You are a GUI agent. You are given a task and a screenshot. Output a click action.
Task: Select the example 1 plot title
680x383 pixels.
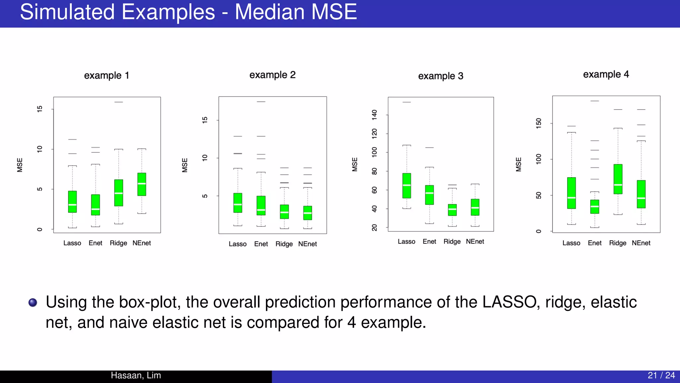106,75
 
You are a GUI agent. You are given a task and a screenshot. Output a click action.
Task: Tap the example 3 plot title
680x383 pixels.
440,76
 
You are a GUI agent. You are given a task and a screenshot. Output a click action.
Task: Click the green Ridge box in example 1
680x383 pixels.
119,193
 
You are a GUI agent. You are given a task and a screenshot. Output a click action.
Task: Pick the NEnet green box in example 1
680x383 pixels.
142,184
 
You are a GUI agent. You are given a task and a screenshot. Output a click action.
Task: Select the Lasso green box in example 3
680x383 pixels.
406,186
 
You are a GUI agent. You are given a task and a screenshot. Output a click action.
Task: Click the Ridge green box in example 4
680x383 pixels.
618,179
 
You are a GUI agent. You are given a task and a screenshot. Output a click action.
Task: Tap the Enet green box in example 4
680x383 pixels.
595,206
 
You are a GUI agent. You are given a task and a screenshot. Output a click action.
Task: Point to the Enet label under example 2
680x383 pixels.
261,244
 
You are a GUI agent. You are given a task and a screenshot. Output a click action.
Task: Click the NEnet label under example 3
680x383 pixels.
475,242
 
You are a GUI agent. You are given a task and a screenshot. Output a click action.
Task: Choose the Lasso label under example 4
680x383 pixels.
571,243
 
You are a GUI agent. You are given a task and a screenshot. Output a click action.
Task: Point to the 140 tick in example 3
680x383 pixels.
375,115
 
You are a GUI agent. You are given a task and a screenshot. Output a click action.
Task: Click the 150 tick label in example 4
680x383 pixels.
539,123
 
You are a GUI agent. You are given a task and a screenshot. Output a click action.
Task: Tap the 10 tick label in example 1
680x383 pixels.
40,149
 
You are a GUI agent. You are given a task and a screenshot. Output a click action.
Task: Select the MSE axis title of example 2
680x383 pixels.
185,165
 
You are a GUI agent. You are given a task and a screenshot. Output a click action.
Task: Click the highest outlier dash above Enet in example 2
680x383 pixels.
261,102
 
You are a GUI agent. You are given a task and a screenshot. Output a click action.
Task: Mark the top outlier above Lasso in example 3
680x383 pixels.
406,102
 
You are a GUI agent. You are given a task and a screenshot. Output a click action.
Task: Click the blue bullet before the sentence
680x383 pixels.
33,302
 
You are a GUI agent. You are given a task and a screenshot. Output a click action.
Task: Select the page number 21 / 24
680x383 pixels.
661,375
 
